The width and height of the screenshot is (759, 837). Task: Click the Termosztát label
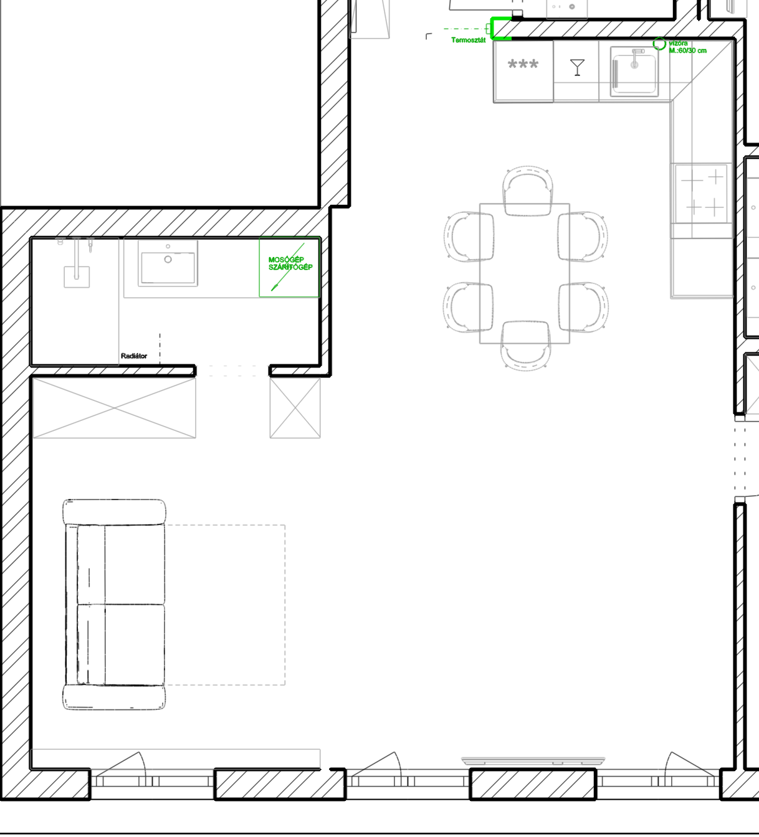coord(468,40)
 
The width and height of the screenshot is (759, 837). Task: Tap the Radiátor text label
coord(133,356)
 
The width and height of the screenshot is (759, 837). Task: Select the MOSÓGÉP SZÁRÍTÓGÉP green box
coord(289,267)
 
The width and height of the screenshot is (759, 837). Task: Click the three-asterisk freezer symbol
coord(523,65)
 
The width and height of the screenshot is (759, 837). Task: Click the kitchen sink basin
coord(634,72)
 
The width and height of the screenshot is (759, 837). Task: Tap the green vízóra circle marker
coord(659,44)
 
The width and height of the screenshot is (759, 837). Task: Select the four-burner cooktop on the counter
coord(702,194)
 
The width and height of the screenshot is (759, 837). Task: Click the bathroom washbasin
coord(168,263)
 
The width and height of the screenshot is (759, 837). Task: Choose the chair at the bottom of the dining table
coord(525,345)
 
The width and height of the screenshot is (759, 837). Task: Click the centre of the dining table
coord(524,273)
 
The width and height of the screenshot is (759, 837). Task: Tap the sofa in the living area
coord(114,604)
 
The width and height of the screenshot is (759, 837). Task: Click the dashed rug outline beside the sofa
coord(285,605)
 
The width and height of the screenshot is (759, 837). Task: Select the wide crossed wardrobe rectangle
coord(114,408)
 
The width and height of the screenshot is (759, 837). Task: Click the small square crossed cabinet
coord(295,408)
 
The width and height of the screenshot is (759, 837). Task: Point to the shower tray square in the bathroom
coord(77,277)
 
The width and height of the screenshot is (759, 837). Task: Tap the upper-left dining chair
coord(469,237)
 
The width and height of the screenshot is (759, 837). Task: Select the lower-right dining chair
coord(583,307)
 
